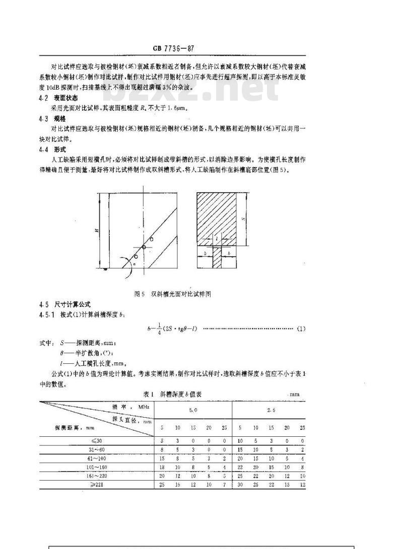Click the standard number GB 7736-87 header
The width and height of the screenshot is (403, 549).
pyautogui.click(x=173, y=48)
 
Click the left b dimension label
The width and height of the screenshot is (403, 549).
pyautogui.click(x=205, y=254)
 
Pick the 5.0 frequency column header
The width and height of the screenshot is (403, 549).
pyautogui.click(x=193, y=410)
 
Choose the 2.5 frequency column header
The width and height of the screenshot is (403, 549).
pyautogui.click(x=271, y=410)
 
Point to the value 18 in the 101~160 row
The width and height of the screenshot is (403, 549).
pyautogui.click(x=162, y=467)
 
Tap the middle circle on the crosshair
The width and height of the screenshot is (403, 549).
pyautogui.click(x=144, y=247)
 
